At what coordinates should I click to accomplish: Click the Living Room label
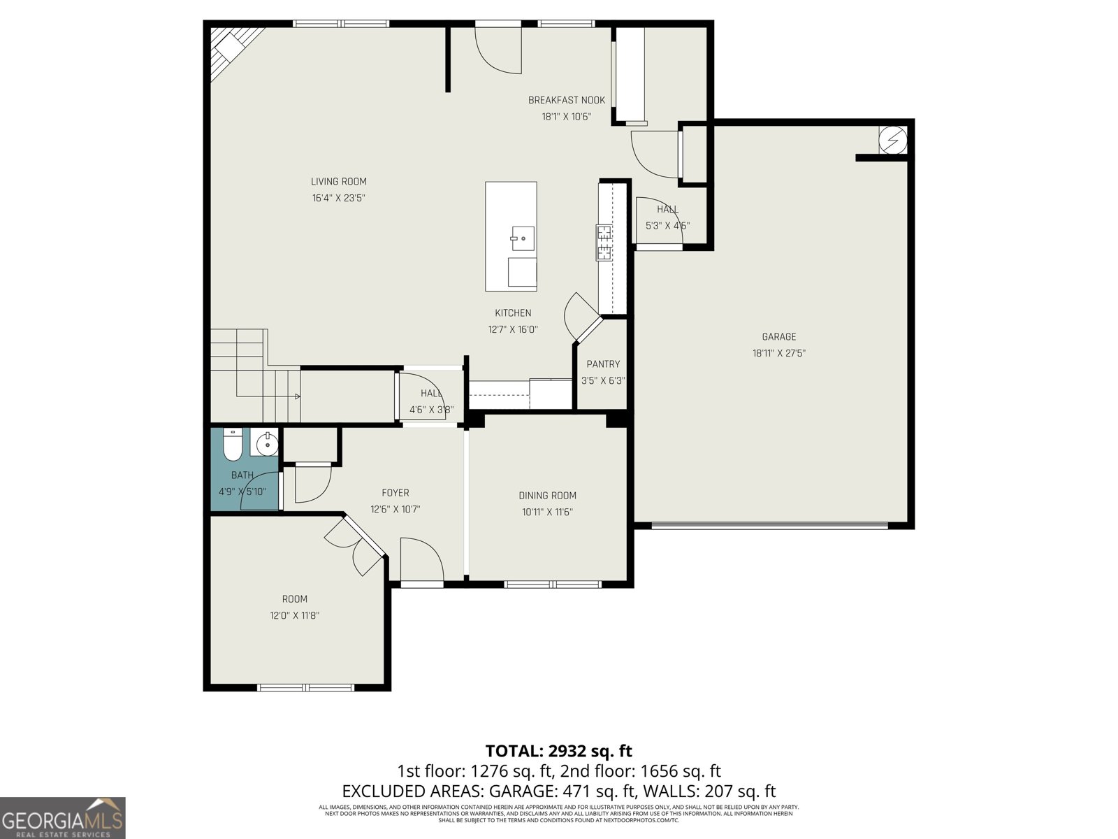click(x=339, y=182)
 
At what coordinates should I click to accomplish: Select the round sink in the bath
click(x=266, y=443)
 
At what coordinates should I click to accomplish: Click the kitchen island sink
click(x=522, y=238)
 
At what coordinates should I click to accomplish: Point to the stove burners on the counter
click(x=604, y=243)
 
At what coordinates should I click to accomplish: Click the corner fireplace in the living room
click(x=228, y=48)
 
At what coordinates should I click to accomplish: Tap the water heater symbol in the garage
click(x=892, y=140)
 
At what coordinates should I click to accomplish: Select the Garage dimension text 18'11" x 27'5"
click(x=779, y=354)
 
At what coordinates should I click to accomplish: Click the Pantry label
click(x=603, y=364)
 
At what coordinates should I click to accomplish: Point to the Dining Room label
click(x=548, y=496)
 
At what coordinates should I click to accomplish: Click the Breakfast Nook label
click(x=567, y=101)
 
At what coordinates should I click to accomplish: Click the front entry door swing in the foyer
click(x=421, y=559)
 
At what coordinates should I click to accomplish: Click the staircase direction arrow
click(x=297, y=396)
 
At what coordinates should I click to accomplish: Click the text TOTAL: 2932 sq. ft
click(x=558, y=751)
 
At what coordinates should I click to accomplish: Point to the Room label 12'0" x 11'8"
click(x=295, y=616)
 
